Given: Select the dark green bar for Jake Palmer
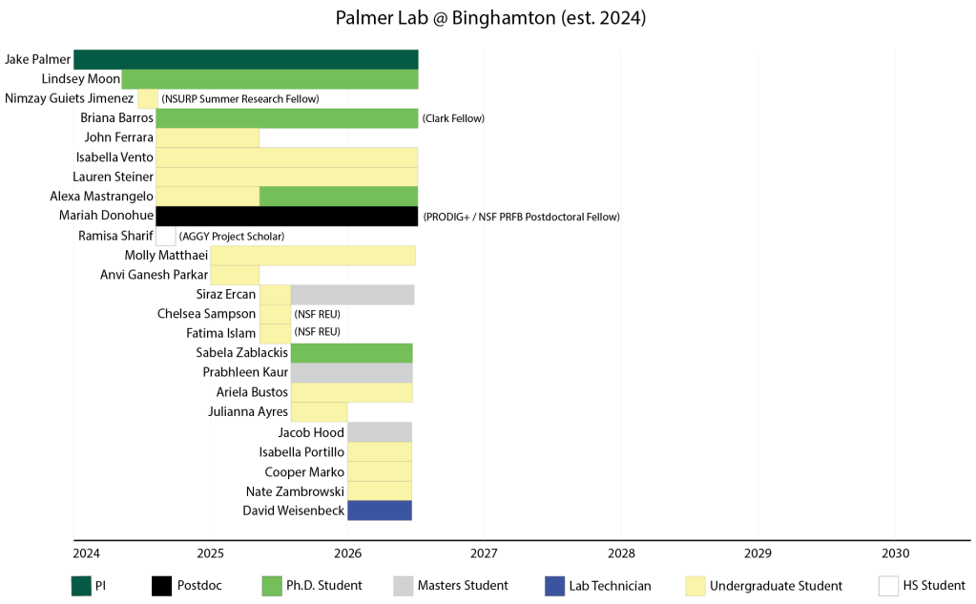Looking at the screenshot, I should coord(245,59).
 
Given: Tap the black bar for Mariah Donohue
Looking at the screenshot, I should coord(286,217).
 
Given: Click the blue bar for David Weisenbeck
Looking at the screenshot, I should coord(379,510).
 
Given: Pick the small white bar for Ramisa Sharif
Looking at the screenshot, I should coord(165,236).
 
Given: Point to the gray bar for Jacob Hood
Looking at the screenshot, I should coord(379,432).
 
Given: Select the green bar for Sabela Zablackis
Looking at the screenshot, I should coord(351,353).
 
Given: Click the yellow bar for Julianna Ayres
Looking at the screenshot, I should coord(319,412).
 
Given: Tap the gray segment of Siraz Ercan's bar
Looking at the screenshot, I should coord(352,294).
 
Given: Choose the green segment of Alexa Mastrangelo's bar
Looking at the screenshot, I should coord(338,197).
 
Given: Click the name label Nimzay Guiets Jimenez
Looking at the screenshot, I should coord(69,98).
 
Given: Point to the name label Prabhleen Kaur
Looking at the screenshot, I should coord(245,373).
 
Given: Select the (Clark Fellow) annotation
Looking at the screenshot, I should coord(453,118).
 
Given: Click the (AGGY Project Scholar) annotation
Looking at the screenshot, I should coord(232,236).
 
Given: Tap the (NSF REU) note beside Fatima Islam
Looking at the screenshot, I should coord(317,333).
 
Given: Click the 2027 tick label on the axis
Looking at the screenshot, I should coord(484,553).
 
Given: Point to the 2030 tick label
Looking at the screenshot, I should coord(895,553).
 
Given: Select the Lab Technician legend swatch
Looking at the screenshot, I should coord(552,586).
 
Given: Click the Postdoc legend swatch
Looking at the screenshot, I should coord(160,586).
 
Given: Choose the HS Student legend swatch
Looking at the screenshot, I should coord(888,586).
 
